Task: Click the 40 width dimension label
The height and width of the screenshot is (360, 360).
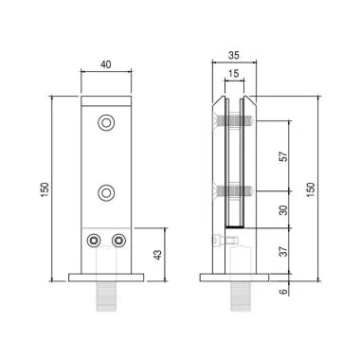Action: (106, 64)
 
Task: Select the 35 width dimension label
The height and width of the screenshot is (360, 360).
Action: (234, 56)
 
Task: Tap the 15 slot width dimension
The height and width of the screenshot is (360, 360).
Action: (234, 74)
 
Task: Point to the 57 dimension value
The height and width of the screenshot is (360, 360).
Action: (284, 156)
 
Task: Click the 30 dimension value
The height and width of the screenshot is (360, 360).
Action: (284, 210)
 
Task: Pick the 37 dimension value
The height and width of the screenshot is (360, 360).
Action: (284, 251)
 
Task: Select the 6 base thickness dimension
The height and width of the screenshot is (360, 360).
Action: (284, 291)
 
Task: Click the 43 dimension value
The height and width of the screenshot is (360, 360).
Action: (158, 255)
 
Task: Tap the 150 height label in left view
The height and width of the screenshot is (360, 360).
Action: (45, 189)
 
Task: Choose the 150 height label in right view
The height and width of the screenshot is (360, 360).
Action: (311, 189)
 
